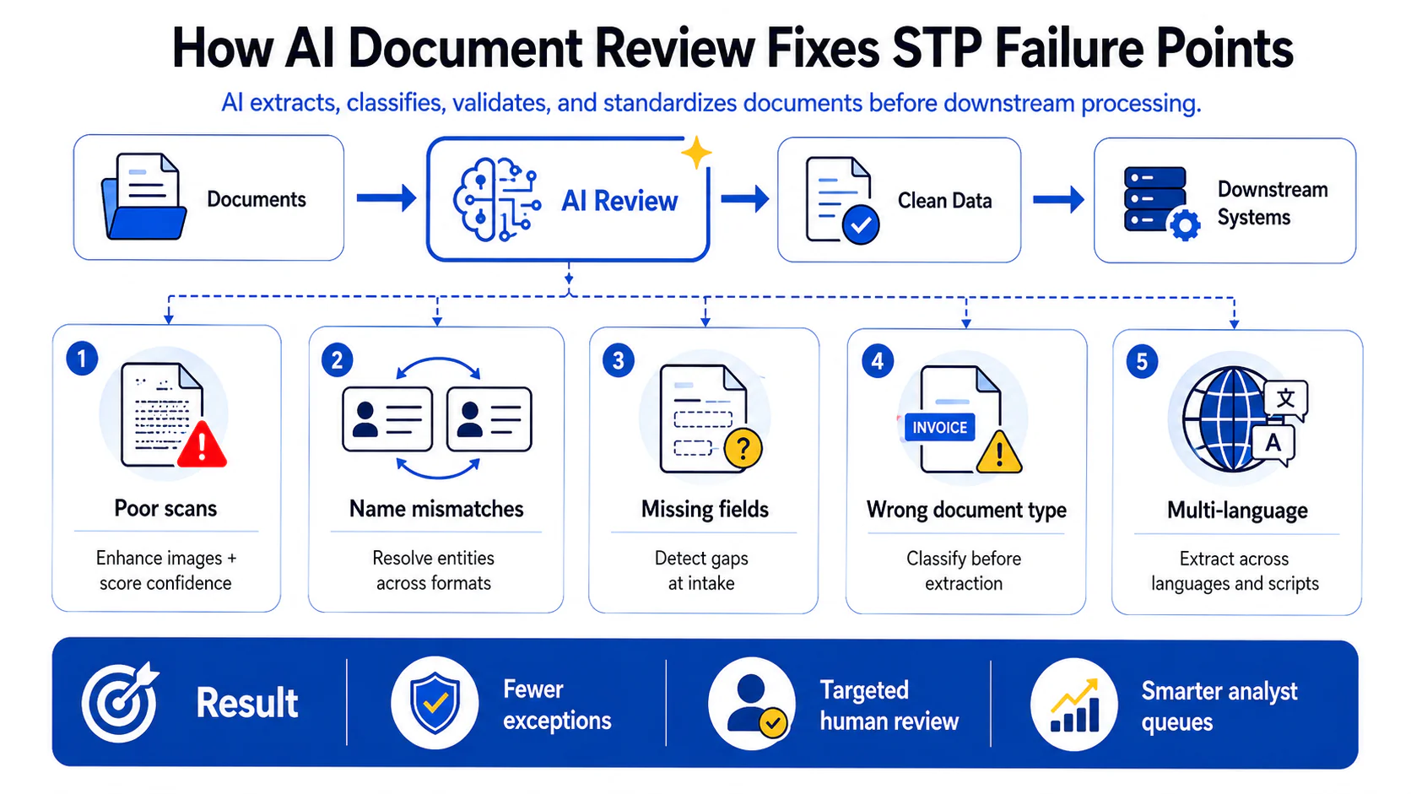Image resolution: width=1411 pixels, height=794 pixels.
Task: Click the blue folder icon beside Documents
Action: tap(143, 197)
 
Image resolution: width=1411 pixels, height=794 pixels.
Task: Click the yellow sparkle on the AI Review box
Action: tap(696, 153)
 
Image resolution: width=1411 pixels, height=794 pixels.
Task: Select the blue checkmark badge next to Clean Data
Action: tap(861, 224)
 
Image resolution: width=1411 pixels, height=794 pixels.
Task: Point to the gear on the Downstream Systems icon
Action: tap(1185, 224)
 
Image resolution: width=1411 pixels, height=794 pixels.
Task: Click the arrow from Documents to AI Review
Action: tap(387, 197)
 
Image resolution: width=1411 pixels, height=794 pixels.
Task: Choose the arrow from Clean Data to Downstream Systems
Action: tap(1058, 200)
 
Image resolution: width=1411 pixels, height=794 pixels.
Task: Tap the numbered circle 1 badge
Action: tap(82, 359)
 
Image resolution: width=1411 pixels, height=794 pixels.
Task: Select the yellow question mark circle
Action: tap(743, 448)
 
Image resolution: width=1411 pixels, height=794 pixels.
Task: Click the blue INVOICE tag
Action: tap(939, 428)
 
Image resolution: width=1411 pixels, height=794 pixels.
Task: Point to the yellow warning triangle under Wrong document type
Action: tap(999, 452)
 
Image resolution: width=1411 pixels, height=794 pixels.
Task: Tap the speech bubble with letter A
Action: tap(1273, 445)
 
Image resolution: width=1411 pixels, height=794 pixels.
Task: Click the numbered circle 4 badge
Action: tap(878, 361)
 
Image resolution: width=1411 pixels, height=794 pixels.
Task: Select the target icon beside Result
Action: tap(120, 701)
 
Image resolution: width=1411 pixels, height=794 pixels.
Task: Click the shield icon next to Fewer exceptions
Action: tap(435, 703)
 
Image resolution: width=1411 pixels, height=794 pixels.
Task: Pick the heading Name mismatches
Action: tap(436, 509)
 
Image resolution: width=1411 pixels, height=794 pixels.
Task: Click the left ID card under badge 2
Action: tap(387, 419)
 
